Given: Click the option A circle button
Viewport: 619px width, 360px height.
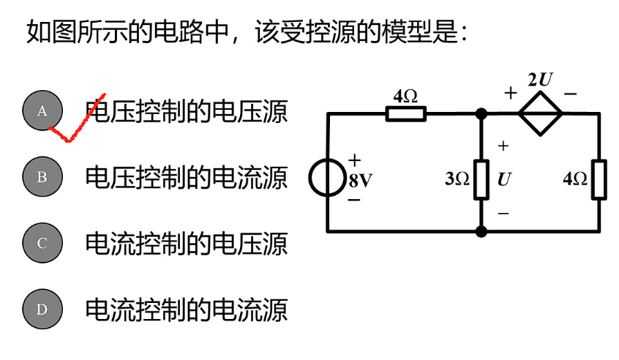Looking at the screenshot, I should pos(42,110).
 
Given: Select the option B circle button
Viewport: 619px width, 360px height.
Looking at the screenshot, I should pos(42,176).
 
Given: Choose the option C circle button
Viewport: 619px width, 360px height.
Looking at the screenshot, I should pos(42,243).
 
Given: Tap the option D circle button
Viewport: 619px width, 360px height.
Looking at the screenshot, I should pos(42,309).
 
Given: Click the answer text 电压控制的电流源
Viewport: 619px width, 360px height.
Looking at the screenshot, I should pos(187,177).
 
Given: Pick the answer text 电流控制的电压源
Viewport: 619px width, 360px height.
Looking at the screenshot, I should pos(187,243).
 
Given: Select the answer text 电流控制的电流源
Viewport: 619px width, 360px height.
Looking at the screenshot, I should pos(187,309).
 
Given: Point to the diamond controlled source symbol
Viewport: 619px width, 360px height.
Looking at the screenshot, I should pos(541,113).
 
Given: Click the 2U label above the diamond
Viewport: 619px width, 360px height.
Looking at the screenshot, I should pos(540,80).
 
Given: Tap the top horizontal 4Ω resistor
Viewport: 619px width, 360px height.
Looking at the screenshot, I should pos(405,113).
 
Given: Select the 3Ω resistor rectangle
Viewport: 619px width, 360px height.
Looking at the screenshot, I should pos(481,179).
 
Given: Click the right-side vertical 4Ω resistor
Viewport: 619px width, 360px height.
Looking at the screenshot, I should pos(599,179).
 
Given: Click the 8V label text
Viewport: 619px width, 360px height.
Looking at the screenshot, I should pos(360,180).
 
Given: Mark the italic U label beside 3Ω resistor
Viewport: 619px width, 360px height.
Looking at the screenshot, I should pos(503,179).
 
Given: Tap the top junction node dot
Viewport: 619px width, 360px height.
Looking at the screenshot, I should pos(481,113).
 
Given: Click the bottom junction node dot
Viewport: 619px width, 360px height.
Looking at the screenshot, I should pos(481,231).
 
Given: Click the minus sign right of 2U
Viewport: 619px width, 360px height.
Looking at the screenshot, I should pos(571,94).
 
